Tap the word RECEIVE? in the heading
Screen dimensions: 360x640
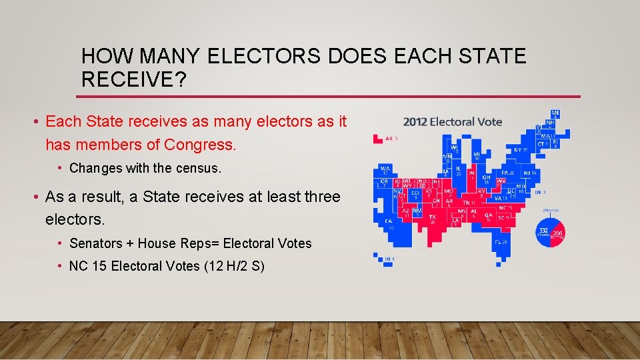[x=133, y=80]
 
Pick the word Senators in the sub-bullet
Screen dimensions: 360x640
[x=94, y=243]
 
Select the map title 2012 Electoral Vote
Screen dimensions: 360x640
[x=453, y=121]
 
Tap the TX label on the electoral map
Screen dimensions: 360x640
[x=432, y=217]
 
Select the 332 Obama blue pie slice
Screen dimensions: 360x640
[x=545, y=233]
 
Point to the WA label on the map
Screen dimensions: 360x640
[x=385, y=170]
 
